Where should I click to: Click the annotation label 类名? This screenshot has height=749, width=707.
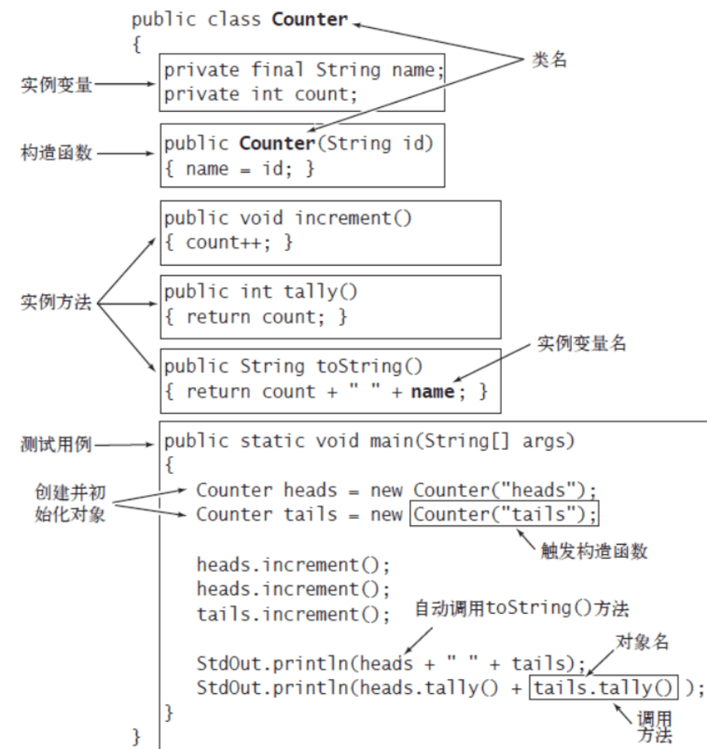tap(549, 60)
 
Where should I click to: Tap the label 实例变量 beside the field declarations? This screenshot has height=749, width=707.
tap(57, 85)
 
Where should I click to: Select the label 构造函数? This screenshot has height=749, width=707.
tap(57, 153)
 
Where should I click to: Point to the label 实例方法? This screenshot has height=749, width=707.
tap(56, 302)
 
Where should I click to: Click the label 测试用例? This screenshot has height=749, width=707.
tap(56, 444)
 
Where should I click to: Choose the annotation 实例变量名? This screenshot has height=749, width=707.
tap(581, 343)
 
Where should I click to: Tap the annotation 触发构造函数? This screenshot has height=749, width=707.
tap(594, 551)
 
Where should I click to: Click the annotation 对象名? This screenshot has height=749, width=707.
tap(642, 642)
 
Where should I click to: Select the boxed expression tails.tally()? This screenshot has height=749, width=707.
tap(604, 688)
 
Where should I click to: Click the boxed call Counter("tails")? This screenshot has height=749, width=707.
tap(504, 514)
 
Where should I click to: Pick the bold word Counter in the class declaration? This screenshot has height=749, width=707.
tap(310, 19)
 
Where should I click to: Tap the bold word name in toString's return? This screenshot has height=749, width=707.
tap(433, 392)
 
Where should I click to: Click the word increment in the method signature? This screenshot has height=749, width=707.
tap(343, 218)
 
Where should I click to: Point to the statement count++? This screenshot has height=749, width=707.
tap(228, 242)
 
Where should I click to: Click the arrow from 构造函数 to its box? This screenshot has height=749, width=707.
tap(126, 154)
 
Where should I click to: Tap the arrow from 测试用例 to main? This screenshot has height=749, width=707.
tap(124, 444)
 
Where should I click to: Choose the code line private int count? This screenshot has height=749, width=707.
tap(261, 94)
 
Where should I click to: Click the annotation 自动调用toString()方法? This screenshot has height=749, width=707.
tap(521, 608)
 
